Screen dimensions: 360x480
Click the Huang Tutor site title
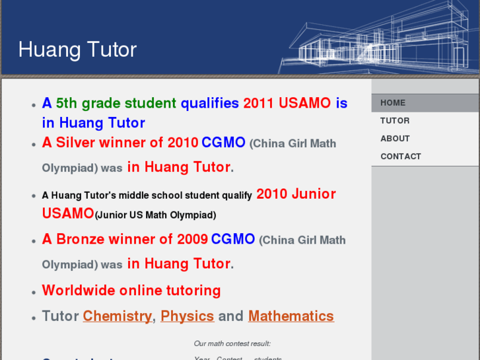tap(77, 50)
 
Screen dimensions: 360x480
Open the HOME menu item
tap(393, 103)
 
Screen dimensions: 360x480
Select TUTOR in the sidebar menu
tap(395, 121)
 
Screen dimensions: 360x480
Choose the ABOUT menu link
tap(395, 139)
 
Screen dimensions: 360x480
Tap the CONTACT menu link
tap(400, 157)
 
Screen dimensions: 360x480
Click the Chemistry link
tap(117, 316)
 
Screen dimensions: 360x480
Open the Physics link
tap(187, 316)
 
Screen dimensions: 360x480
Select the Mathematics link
tap(291, 316)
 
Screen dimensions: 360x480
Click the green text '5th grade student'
tap(116, 103)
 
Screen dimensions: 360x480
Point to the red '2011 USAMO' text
tap(287, 103)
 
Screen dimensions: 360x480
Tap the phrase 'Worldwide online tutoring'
tap(131, 291)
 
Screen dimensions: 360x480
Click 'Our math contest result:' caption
tap(232, 343)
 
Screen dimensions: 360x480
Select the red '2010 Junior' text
tap(296, 194)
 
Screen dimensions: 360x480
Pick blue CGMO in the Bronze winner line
tap(232, 239)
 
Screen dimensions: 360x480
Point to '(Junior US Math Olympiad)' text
tap(155, 215)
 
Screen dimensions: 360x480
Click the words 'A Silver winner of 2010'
tap(120, 143)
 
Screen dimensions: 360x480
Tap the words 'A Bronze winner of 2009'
tap(125, 239)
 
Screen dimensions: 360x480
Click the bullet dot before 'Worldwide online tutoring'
tap(33, 292)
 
